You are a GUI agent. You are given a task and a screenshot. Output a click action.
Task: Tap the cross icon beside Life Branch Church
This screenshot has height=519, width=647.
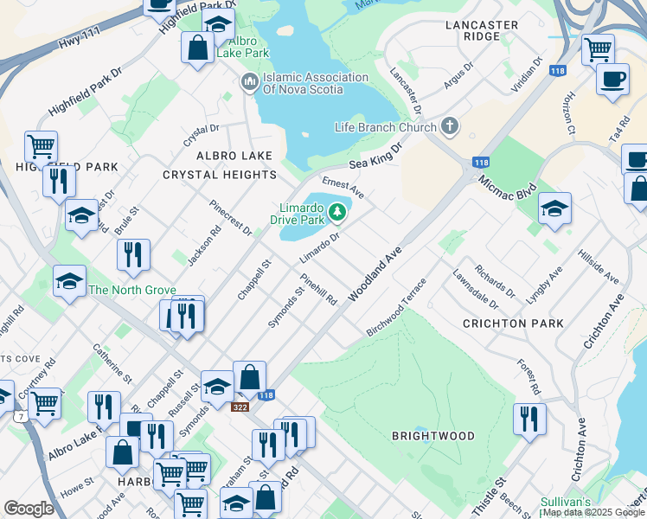tap(449, 127)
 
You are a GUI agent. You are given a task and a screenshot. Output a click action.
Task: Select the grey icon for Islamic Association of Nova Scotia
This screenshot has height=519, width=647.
tap(249, 83)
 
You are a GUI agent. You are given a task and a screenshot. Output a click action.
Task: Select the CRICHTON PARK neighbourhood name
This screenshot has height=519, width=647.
tap(513, 324)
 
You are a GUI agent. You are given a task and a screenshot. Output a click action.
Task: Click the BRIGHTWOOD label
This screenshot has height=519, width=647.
tap(432, 436)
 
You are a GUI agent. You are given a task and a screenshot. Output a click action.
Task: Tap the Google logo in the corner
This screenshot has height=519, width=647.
tap(29, 509)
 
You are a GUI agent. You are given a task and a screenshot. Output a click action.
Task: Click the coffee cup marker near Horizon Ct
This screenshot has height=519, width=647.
tap(612, 79)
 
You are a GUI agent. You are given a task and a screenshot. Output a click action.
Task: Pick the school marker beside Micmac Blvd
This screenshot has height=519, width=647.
tap(554, 208)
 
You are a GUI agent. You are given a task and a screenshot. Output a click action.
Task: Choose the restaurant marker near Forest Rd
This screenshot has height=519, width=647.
tap(529, 419)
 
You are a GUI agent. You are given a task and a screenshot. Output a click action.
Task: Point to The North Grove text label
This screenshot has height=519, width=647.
tap(132, 290)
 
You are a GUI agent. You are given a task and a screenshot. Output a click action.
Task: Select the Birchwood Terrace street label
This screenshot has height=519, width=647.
tap(397, 307)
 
